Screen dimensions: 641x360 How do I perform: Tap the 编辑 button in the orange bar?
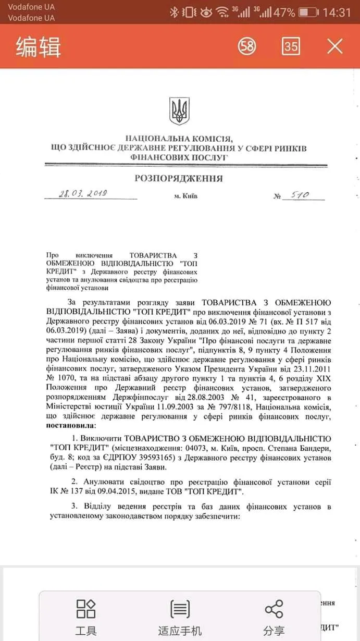coord(38,47)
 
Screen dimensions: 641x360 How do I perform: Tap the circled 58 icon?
coord(247,46)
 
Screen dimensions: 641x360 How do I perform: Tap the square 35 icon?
coord(291,46)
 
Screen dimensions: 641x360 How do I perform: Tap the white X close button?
coord(334,46)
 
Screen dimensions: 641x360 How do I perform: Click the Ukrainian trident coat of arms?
coord(179,111)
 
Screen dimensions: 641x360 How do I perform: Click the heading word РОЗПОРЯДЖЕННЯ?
coord(179,179)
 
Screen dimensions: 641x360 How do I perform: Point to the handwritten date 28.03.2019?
coord(83,194)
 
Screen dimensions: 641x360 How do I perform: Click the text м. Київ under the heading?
coord(186,196)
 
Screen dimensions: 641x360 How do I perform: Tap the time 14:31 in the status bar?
coord(337,12)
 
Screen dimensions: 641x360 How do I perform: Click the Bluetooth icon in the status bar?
coord(174,12)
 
